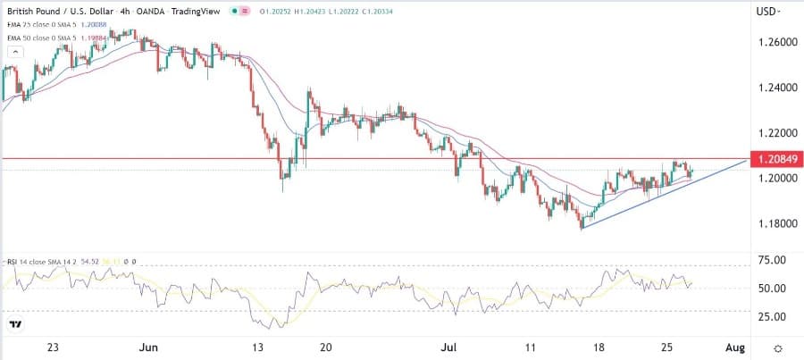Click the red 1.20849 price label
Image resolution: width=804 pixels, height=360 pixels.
pos(775,159)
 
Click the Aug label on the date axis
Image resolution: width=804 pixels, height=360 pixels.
pos(733,347)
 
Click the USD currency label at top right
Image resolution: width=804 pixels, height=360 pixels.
pos(766,12)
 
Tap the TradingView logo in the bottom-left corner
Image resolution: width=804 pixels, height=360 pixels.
pos(16,324)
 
